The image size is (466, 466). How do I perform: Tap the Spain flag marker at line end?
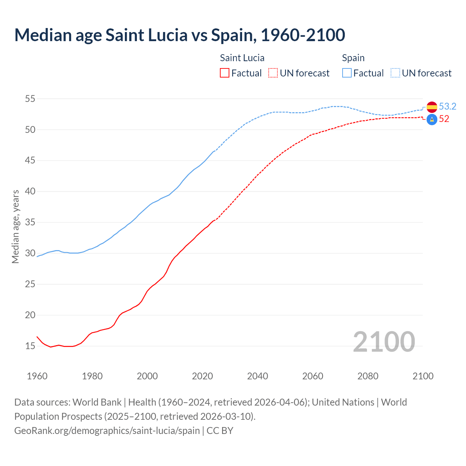click(432, 107)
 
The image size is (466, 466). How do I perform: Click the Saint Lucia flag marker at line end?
click(432, 119)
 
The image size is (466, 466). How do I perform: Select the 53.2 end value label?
click(447, 106)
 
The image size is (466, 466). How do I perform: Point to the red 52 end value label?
click(444, 119)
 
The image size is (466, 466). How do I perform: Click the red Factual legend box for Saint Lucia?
click(225, 73)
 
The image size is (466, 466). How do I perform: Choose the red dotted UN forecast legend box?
click(273, 73)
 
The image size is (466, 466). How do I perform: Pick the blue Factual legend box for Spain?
click(347, 73)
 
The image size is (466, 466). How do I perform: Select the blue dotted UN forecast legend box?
click(395, 73)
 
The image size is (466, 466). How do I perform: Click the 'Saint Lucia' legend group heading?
click(242, 58)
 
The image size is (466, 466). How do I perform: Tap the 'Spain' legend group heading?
click(353, 58)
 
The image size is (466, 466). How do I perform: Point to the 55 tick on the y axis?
click(30, 99)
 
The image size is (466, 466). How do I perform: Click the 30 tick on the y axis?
click(30, 253)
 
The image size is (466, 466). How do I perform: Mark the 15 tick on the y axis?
click(30, 346)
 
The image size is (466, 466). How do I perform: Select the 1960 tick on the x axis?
click(37, 376)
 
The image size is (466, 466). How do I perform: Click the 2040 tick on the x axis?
click(257, 376)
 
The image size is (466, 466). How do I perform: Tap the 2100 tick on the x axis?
click(423, 376)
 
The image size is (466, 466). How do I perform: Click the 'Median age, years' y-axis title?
click(15, 226)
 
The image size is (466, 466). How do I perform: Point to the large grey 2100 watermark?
click(384, 342)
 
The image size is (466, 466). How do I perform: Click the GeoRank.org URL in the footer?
click(107, 431)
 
